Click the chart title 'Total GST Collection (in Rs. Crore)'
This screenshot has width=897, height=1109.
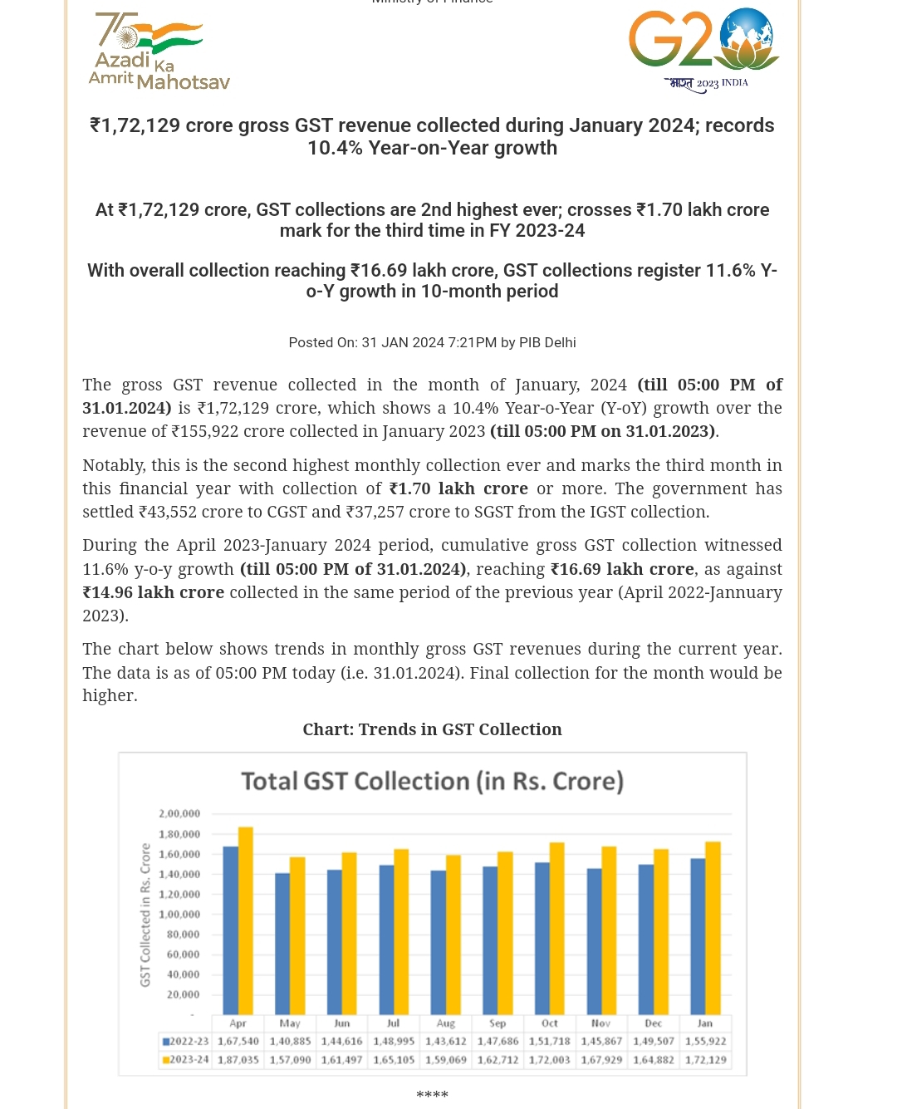click(x=432, y=781)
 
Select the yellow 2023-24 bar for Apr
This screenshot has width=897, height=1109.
click(x=246, y=920)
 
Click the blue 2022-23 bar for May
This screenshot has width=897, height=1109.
click(x=282, y=944)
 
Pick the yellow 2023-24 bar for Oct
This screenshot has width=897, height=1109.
click(x=557, y=929)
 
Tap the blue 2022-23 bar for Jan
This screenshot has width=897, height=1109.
click(x=698, y=936)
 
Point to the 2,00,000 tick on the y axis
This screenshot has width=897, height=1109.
click(x=179, y=813)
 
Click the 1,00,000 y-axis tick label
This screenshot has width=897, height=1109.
click(x=179, y=914)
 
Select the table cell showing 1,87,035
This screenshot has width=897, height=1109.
click(x=238, y=1060)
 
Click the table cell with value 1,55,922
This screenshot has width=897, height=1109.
click(x=706, y=1041)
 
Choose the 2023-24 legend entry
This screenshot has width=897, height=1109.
click(x=185, y=1060)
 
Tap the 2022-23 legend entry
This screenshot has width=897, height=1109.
click(x=185, y=1041)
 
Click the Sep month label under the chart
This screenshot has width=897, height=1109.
click(x=498, y=1023)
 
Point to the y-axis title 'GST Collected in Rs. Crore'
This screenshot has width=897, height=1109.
click(x=145, y=915)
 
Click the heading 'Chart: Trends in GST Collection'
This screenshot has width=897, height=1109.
click(x=432, y=729)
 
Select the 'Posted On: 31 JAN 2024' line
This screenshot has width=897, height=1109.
click(x=432, y=342)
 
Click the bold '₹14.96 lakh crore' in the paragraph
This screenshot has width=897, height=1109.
click(x=154, y=592)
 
